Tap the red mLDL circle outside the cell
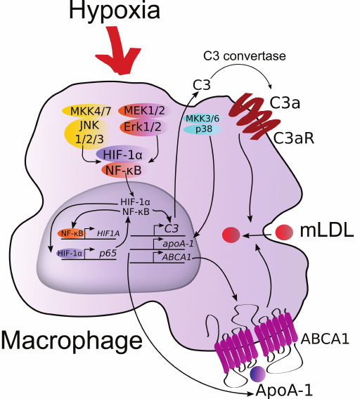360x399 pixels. point(285,231)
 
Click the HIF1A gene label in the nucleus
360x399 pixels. point(108,232)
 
